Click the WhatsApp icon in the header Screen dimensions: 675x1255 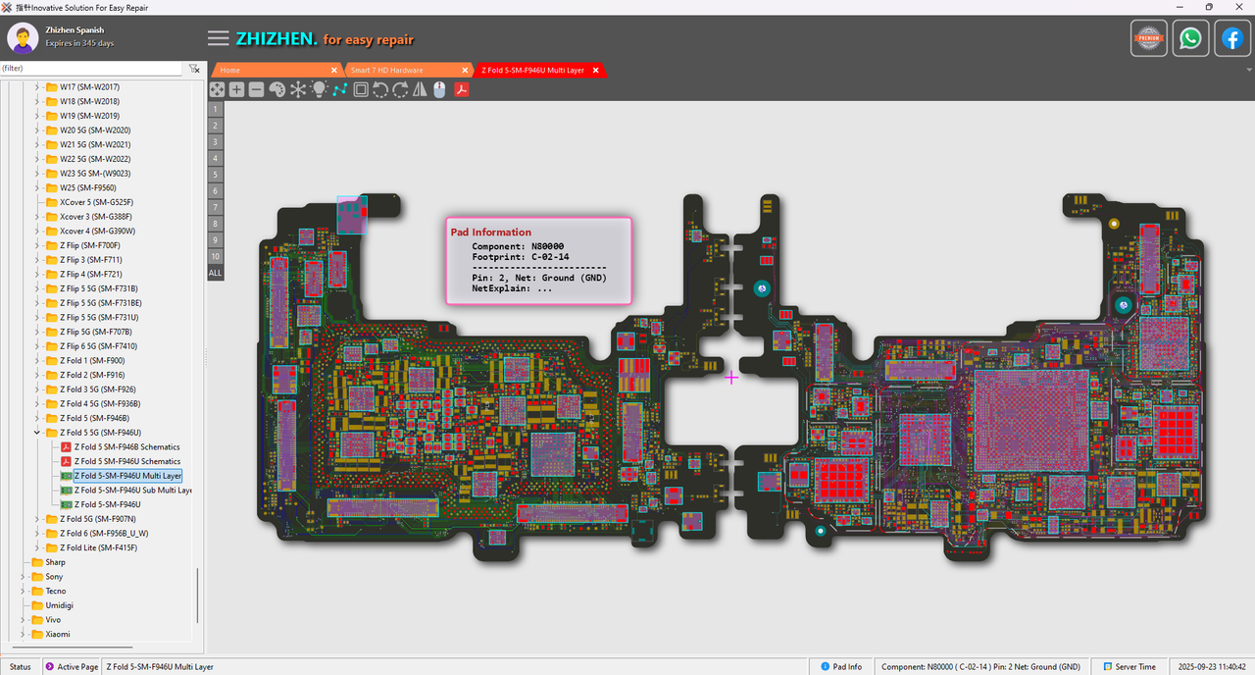tap(1190, 39)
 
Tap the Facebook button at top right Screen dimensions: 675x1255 tap(1231, 39)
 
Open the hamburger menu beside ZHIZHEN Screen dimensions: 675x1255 tap(219, 39)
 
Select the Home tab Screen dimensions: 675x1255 tap(230, 71)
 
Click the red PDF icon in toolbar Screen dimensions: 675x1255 tap(460, 89)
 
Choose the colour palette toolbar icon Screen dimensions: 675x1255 tap(276, 89)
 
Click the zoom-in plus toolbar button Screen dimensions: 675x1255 tap(236, 89)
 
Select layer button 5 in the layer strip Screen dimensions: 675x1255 tap(215, 174)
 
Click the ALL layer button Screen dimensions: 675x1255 tap(215, 273)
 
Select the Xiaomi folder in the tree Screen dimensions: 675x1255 tap(58, 634)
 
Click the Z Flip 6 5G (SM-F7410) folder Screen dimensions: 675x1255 tap(98, 346)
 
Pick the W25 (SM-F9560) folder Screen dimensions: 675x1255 tap(88, 187)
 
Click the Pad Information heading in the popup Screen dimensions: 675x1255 tap(490, 233)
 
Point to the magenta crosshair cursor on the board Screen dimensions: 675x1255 tap(731, 377)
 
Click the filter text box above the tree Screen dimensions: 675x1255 tap(91, 69)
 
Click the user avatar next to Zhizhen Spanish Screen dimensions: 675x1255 tap(23, 38)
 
